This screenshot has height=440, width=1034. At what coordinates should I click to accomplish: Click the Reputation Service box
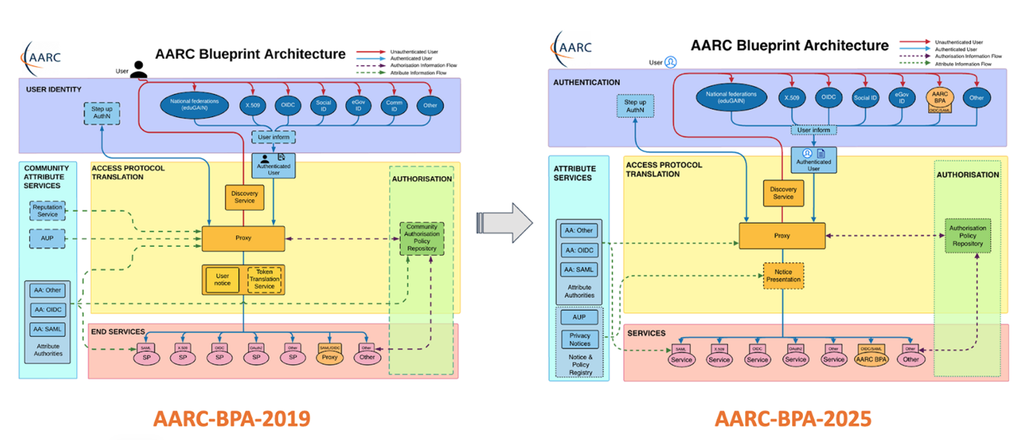click(47, 211)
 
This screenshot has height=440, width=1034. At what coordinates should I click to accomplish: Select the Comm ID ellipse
click(394, 106)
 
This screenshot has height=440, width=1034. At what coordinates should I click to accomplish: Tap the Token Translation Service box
click(264, 279)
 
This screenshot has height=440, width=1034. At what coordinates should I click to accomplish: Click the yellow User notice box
click(222, 279)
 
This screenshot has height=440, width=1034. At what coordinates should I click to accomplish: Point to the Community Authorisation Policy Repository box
click(422, 238)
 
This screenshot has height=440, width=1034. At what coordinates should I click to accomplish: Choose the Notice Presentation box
click(783, 276)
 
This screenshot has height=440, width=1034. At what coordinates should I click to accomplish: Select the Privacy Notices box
click(580, 339)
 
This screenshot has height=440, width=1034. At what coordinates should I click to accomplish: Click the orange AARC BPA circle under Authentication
click(940, 98)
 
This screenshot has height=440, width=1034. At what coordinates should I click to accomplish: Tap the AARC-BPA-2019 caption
click(232, 419)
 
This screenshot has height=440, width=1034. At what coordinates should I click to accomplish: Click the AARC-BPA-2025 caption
click(793, 419)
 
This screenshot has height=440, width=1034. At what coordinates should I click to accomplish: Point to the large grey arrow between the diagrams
click(505, 223)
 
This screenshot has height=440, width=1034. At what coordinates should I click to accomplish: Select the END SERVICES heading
click(118, 332)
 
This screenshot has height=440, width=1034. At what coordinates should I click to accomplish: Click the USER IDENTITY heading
click(54, 89)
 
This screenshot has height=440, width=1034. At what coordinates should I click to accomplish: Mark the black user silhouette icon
click(138, 69)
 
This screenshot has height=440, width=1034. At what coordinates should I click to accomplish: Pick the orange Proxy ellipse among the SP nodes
click(329, 357)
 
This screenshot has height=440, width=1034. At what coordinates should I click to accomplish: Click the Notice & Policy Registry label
click(580, 365)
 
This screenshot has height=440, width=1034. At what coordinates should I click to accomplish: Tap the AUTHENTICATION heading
click(586, 83)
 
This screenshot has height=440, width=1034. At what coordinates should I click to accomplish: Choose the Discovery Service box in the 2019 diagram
click(244, 197)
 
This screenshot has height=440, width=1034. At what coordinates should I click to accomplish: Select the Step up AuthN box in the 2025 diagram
click(635, 106)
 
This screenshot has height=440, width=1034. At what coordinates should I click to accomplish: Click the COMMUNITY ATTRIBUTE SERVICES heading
click(46, 177)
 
